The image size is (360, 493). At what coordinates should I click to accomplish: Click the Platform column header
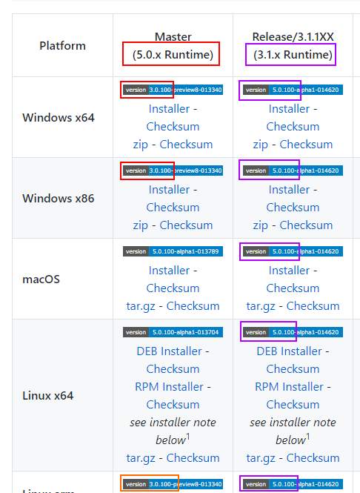tap(62, 45)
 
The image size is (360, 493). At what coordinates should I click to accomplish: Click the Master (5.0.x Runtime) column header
tap(173, 45)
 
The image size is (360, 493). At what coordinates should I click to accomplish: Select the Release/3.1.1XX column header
tap(293, 45)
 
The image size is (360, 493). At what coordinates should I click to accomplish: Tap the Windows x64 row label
tap(59, 117)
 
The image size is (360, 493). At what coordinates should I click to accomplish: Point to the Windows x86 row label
tap(59, 198)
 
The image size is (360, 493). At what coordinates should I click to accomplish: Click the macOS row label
tap(41, 279)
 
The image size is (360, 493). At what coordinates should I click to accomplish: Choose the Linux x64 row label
tap(48, 395)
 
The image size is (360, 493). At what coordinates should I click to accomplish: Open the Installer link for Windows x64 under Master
tap(169, 108)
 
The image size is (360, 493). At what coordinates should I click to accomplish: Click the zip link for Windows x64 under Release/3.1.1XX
tap(260, 144)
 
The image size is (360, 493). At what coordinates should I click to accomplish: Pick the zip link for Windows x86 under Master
tap(141, 225)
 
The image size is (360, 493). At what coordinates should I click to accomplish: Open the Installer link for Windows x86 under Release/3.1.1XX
tap(289, 189)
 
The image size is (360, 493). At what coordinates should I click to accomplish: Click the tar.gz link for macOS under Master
tap(143, 305)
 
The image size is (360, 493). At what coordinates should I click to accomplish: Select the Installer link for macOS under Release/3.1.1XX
tap(289, 270)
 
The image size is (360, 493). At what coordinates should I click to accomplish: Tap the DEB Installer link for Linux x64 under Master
tap(169, 351)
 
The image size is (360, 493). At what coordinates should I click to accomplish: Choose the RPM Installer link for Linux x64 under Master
tap(169, 386)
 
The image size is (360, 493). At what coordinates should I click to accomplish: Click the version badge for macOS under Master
tap(173, 251)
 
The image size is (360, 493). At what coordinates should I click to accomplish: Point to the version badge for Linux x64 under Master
tap(173, 332)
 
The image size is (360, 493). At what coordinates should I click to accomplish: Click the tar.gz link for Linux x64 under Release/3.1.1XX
tap(263, 457)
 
